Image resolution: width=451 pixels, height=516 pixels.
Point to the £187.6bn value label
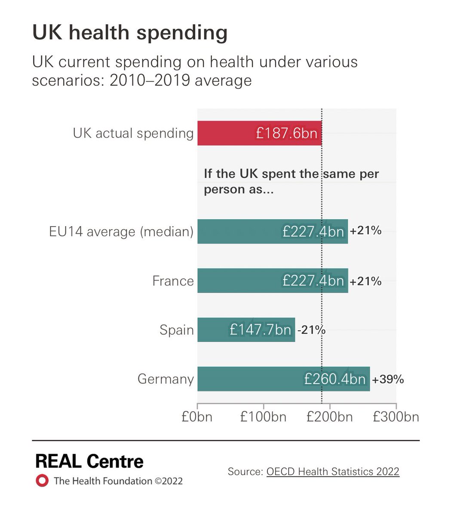286,133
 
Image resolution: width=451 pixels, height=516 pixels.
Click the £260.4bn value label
335,379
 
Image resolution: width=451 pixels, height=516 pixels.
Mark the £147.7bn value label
261,330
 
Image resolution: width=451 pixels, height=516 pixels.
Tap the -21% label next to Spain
311,330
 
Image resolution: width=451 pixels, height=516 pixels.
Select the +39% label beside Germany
388,379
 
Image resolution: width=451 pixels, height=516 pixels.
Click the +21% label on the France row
365,281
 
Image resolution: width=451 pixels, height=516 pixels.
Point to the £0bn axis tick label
197,417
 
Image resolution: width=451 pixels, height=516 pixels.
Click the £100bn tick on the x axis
263,417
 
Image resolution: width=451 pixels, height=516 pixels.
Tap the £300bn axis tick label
396,417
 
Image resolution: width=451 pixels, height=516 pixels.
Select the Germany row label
166,379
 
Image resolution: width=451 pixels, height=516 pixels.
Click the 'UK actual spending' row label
133,133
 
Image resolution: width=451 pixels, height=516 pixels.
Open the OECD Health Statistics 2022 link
333,471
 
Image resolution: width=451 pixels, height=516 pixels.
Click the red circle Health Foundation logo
42,480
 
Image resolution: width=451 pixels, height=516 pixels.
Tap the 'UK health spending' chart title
130,33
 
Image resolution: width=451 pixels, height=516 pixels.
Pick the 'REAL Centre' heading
89,461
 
